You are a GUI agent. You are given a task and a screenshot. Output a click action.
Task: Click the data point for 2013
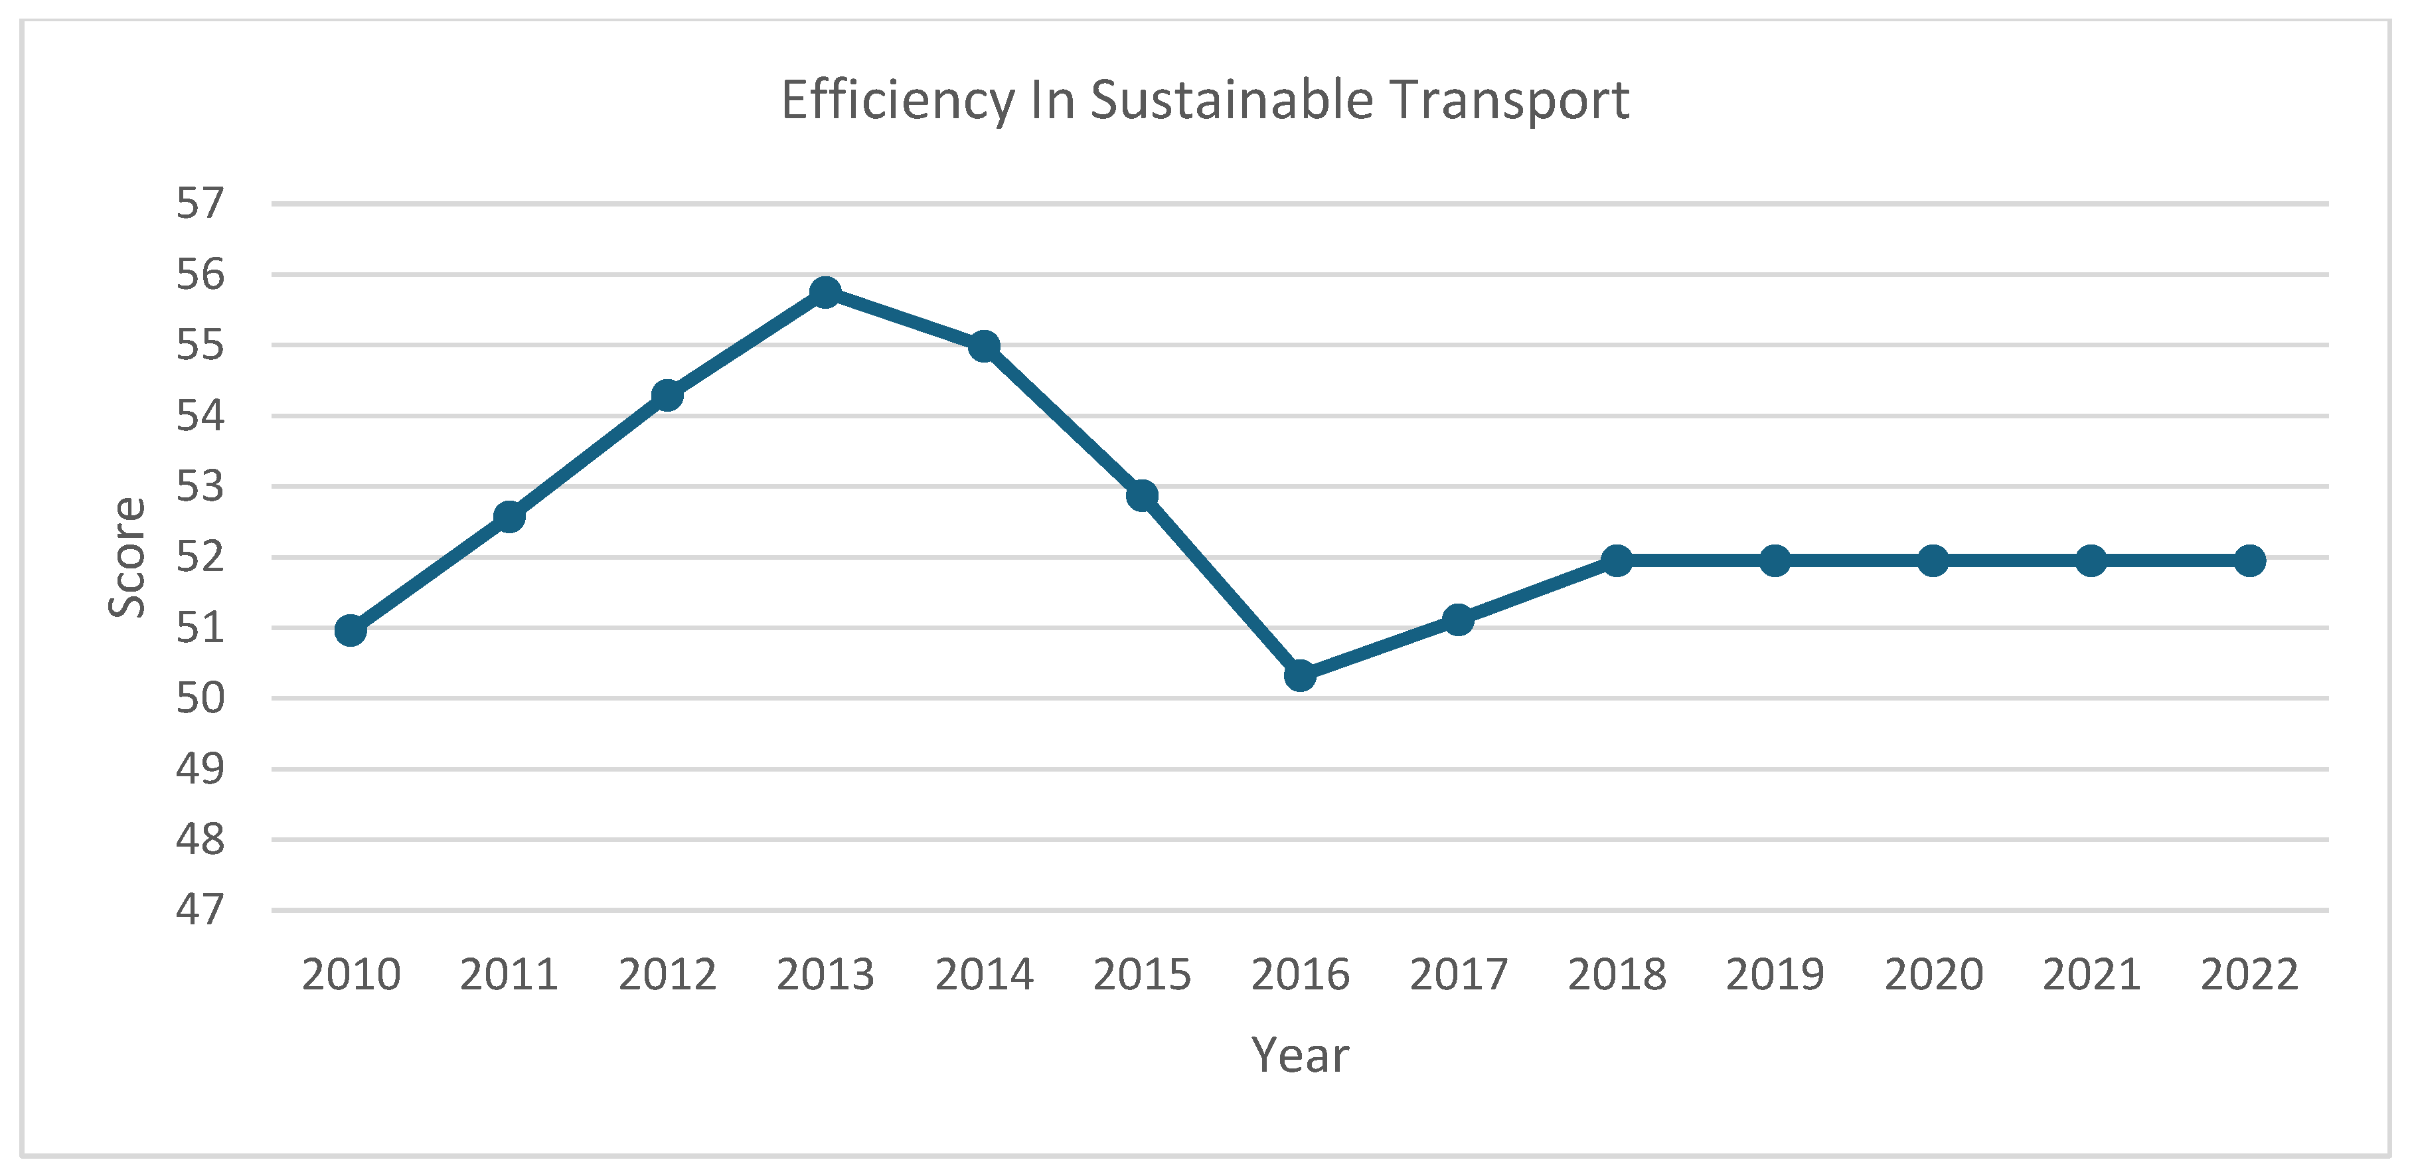[825, 292]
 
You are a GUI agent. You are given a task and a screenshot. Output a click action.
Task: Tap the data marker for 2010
[350, 631]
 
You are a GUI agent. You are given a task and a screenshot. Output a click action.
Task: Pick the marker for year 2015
[1141, 495]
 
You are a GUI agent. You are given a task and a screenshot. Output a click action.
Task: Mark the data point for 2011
[509, 516]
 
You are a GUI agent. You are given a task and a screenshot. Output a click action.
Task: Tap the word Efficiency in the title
[897, 100]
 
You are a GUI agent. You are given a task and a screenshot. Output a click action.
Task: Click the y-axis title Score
[127, 558]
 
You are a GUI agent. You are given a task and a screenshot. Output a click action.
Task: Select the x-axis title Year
[1300, 1056]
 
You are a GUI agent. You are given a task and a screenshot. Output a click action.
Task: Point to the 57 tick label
[201, 203]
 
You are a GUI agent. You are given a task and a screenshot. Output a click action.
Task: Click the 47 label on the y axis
[201, 910]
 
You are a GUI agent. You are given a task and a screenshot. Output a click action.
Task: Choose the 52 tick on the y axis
[201, 557]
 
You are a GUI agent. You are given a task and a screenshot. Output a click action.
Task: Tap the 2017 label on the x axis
[1458, 975]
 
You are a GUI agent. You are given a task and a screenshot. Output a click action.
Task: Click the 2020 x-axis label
[1933, 975]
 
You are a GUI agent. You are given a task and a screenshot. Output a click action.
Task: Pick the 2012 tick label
[667, 975]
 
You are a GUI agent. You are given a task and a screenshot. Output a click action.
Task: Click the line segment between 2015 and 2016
[1221, 585]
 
